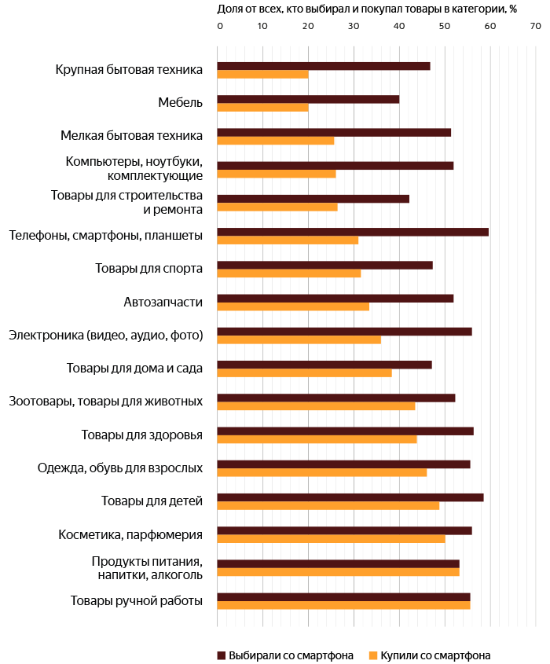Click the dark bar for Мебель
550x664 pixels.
308,100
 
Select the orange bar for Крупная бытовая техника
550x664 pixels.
262,75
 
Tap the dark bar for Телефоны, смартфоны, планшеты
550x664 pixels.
353,232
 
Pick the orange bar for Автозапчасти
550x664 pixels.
293,306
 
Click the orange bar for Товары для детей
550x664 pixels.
328,505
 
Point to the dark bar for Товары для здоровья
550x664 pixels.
346,431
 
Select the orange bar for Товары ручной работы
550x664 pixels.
343,605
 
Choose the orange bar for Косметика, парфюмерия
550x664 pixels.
331,538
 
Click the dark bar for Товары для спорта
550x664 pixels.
324,265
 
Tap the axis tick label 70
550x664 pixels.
536,26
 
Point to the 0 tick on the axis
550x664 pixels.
220,26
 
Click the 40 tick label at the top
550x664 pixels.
399,26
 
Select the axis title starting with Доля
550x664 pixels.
367,9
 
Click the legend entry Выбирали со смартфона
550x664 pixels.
285,655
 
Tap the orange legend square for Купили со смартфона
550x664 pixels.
373,655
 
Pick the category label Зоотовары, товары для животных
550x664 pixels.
106,401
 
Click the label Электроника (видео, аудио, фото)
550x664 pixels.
106,335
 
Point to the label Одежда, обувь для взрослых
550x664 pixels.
120,468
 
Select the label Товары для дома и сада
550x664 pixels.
134,369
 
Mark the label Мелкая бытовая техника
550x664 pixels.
132,135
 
